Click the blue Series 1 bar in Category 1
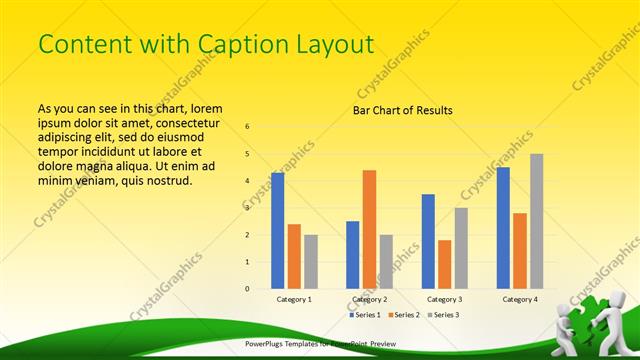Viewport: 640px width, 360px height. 277,230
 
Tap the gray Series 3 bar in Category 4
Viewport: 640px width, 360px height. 537,221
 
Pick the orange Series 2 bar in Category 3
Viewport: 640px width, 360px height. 444,264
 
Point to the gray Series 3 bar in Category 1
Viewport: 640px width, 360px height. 311,261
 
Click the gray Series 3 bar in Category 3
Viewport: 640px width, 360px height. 461,248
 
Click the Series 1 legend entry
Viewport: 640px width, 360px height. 365,315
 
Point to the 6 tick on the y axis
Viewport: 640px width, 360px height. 248,127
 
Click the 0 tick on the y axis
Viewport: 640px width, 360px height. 248,289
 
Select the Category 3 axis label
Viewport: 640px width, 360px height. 444,299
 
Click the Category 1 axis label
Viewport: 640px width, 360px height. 294,299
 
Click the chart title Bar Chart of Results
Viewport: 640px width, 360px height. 403,110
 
